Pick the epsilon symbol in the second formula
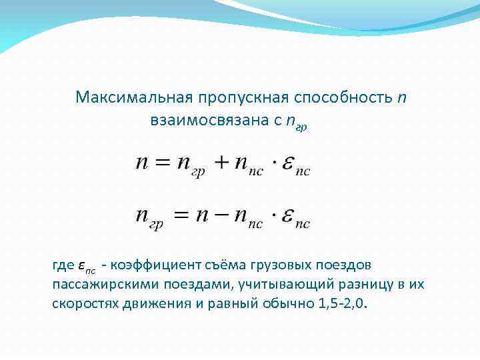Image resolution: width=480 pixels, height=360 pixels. tap(287, 217)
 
